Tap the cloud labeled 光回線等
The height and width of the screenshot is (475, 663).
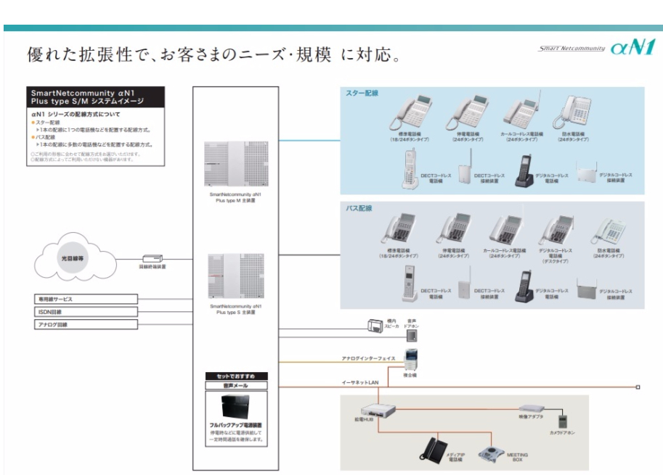pos(71,257)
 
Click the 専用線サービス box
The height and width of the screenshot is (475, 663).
pos(86,299)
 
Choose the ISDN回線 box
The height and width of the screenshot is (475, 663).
pos(86,312)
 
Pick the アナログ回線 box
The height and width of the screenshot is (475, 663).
pos(86,324)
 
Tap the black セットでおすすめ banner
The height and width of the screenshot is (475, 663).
pos(236,376)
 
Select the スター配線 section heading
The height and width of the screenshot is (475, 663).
pos(362,94)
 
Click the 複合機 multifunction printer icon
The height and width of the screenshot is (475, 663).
pos(410,360)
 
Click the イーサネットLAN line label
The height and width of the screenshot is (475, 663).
pos(360,381)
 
